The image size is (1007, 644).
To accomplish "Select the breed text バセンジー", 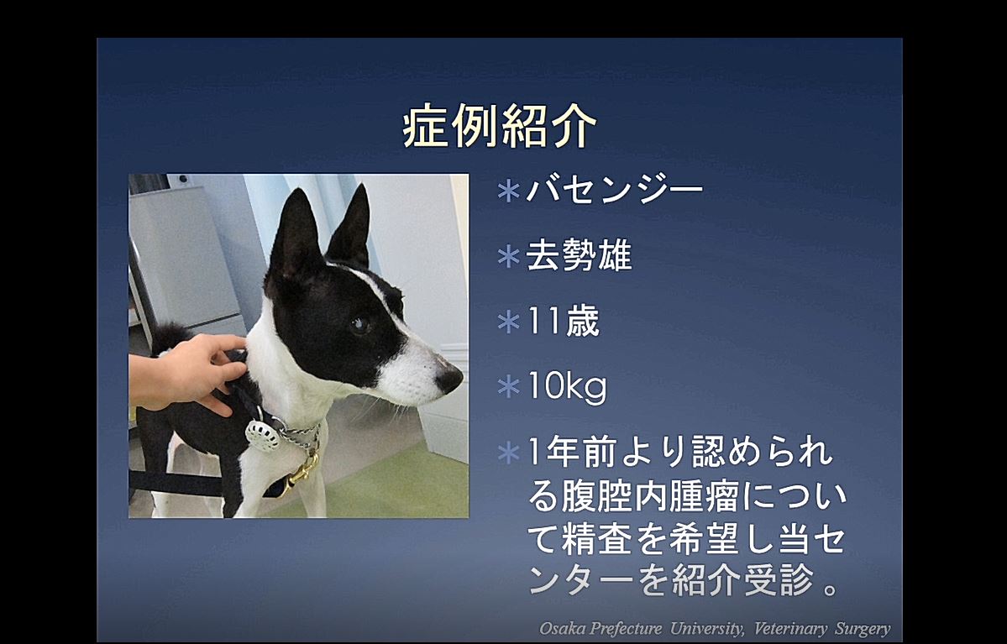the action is point(615,190).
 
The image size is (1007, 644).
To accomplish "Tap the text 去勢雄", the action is point(579,255).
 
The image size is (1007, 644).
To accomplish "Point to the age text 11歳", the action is point(564,321).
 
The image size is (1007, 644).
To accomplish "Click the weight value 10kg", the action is point(567,387).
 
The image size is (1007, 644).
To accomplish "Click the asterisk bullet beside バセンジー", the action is point(509,191).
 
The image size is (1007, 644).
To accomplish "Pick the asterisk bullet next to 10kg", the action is point(509,387).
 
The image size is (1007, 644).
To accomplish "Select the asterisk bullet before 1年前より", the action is point(509,453).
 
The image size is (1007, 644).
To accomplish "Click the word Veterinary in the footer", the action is point(790,629).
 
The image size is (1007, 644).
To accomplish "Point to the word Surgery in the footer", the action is point(863,629).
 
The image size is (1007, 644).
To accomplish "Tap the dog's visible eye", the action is point(359,325).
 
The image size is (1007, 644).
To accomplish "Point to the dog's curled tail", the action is point(170,337).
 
